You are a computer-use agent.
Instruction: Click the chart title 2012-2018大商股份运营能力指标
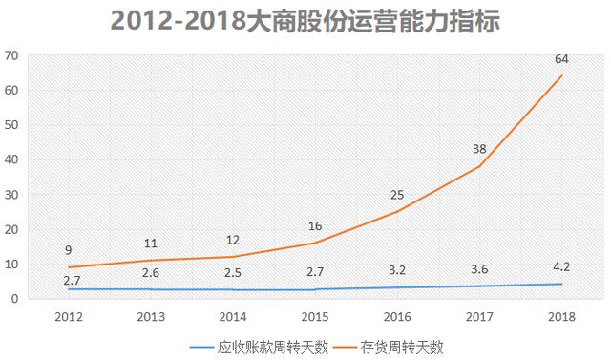(x=305, y=21)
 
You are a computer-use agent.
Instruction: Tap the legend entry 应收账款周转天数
(x=260, y=346)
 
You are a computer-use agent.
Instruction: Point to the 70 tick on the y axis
(x=11, y=55)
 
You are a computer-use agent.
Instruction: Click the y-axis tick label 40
(x=11, y=159)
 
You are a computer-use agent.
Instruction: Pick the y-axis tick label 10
(x=11, y=264)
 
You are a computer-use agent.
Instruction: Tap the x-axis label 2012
(x=68, y=314)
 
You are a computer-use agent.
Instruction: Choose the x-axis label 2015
(x=315, y=314)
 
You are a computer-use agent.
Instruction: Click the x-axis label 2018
(x=561, y=314)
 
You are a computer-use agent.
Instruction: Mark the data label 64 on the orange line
(x=561, y=59)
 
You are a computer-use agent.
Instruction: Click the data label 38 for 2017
(x=479, y=149)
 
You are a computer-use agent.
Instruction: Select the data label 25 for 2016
(x=397, y=195)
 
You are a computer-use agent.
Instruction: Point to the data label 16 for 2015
(x=315, y=226)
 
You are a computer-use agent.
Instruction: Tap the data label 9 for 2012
(x=68, y=250)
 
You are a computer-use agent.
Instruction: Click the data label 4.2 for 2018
(x=561, y=267)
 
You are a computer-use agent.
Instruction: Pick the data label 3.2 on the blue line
(x=397, y=271)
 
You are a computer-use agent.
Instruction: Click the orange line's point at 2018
(x=561, y=76)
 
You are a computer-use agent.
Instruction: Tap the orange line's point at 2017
(x=479, y=166)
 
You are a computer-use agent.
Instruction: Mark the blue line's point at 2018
(x=561, y=284)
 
